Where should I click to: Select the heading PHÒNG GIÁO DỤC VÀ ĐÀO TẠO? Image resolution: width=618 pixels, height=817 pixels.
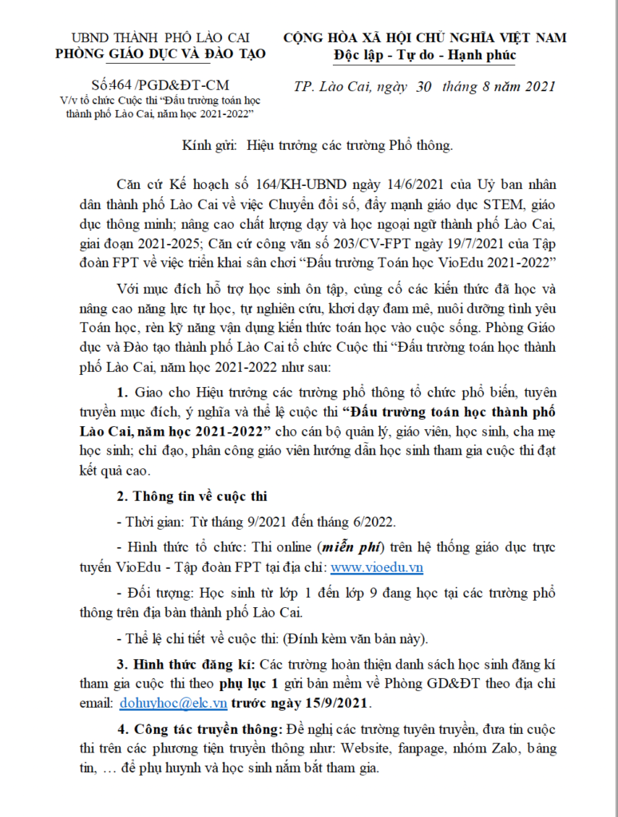tap(160, 54)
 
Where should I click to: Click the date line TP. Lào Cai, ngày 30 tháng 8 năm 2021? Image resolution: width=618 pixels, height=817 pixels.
tap(424, 86)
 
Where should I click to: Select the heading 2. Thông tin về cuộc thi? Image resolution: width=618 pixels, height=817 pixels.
tap(192, 497)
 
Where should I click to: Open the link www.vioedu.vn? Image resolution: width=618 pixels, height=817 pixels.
tap(377, 568)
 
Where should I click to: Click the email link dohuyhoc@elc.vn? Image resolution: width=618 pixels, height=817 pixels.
tap(174, 703)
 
